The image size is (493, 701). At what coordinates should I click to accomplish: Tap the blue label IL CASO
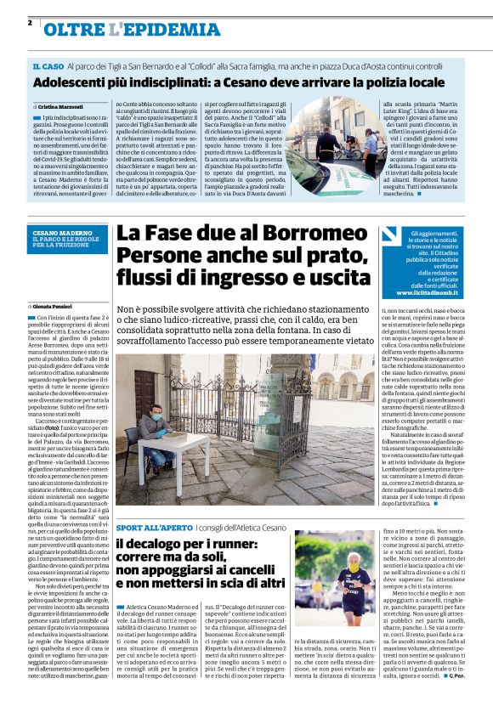[48, 66]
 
